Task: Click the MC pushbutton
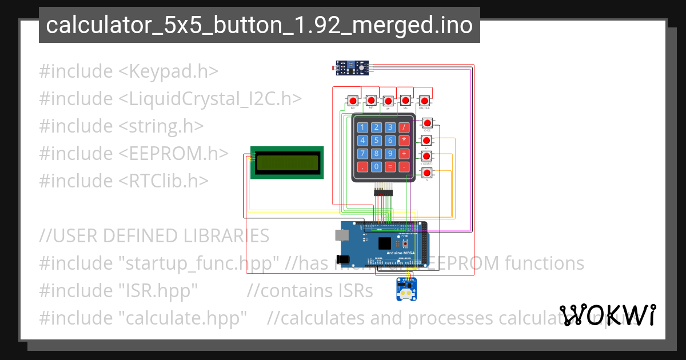[353, 101]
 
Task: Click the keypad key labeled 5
[376, 141]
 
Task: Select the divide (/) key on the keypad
[404, 127]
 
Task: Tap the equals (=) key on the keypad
[390, 167]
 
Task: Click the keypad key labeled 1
[362, 127]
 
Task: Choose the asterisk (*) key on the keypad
[404, 141]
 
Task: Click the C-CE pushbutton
[427, 123]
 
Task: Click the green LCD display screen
[288, 163]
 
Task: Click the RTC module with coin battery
[406, 289]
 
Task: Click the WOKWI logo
[608, 315]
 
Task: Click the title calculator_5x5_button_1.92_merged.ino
[259, 25]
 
